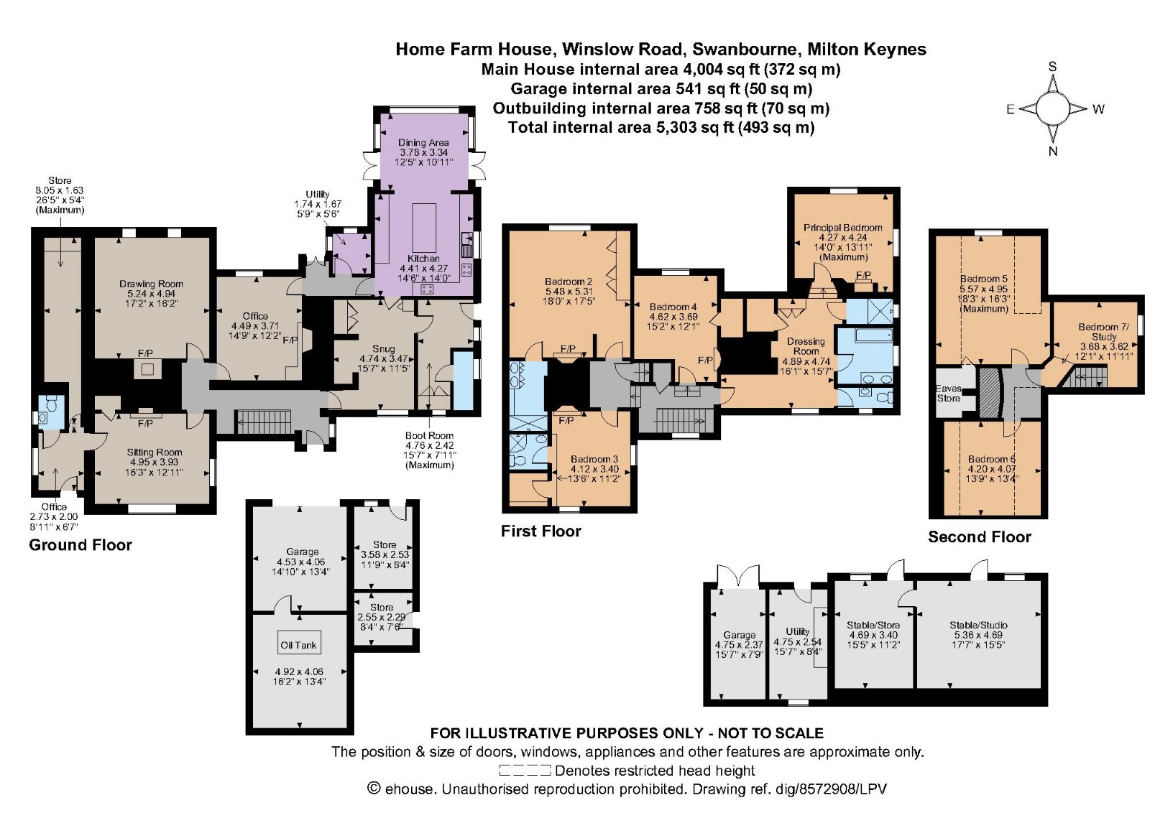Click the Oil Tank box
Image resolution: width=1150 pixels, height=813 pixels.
click(298, 644)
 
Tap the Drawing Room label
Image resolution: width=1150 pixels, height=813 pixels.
click(151, 284)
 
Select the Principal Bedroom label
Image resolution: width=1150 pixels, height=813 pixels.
click(842, 227)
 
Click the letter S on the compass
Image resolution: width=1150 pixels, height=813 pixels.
click(1052, 67)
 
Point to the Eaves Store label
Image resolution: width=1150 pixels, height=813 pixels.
click(948, 393)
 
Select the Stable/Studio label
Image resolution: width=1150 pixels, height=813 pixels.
click(978, 625)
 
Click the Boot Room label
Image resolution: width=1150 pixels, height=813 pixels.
click(429, 435)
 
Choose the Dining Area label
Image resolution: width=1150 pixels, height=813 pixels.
click(423, 142)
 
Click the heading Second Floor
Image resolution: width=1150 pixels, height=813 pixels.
click(979, 536)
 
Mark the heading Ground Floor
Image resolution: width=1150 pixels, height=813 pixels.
click(80, 544)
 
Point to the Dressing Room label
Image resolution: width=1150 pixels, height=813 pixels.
click(806, 346)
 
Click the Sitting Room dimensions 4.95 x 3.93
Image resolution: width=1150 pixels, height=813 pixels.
click(154, 462)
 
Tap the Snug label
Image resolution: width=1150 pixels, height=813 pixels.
click(384, 348)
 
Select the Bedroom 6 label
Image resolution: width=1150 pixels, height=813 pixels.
click(991, 459)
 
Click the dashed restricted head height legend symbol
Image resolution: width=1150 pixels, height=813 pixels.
click(525, 771)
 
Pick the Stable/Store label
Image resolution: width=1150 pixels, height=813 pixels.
click(873, 625)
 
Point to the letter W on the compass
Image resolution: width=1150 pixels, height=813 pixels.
click(1098, 109)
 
